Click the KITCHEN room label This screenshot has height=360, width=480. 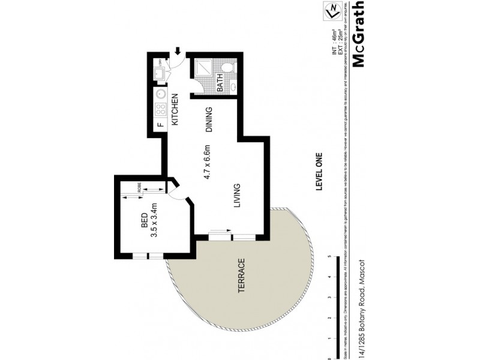[176, 110]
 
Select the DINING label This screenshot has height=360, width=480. [209, 119]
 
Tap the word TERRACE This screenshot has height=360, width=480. [242, 275]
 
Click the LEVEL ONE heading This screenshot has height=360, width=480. [319, 170]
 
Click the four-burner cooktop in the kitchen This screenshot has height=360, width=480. [161, 109]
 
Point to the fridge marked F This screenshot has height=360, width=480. [160, 125]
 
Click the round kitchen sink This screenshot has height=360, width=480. [161, 94]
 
